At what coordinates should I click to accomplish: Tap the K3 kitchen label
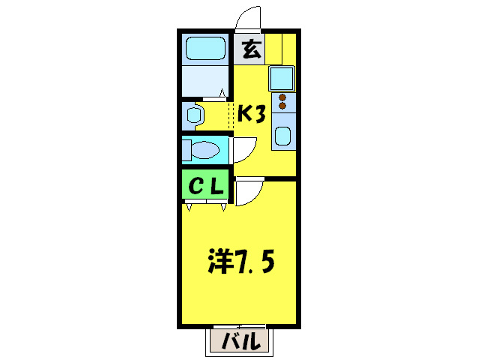tap(252, 113)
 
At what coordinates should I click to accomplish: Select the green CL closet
tap(204, 187)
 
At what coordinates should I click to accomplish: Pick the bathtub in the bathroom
tap(205, 50)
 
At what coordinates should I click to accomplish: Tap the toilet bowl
tap(206, 150)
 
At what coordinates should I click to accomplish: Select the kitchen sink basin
tap(283, 136)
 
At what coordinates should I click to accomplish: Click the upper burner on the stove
tap(283, 97)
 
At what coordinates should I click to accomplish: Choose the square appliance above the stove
tap(282, 78)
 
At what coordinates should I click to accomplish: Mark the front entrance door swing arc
tap(248, 17)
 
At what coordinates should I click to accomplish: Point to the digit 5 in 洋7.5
tap(268, 262)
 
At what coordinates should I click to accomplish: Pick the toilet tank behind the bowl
tap(185, 149)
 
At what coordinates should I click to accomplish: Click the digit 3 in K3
tap(260, 113)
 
